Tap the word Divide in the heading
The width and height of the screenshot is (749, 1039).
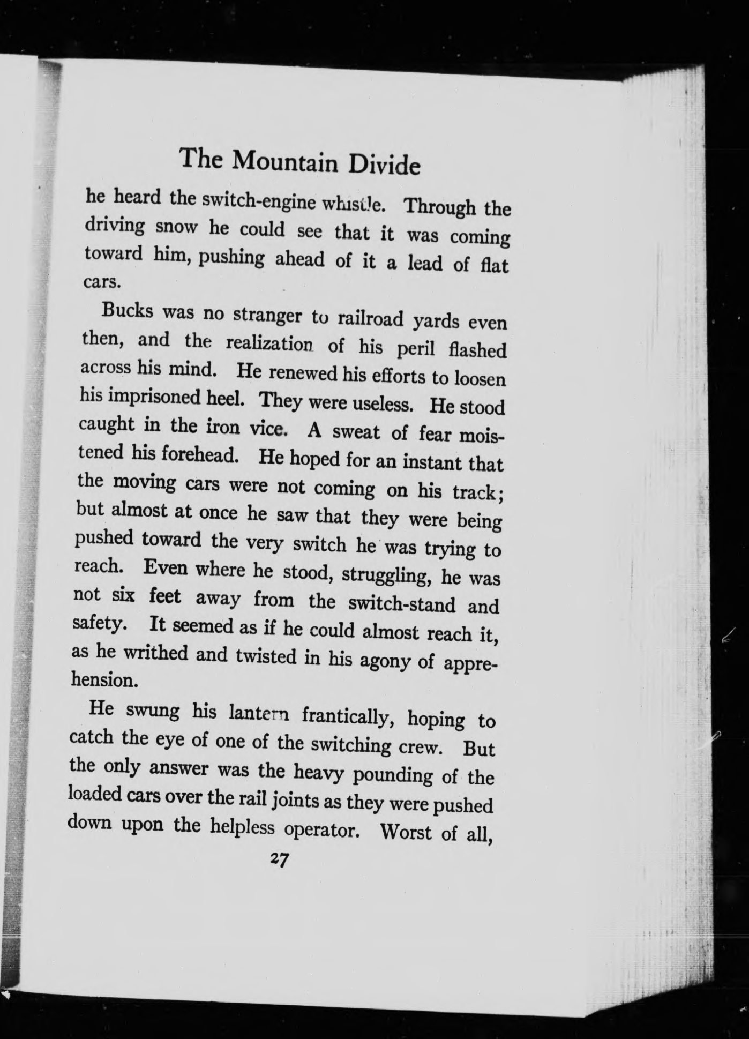pos(384,166)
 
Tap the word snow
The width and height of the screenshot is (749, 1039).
pos(178,227)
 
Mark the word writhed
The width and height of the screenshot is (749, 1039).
pos(156,653)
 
